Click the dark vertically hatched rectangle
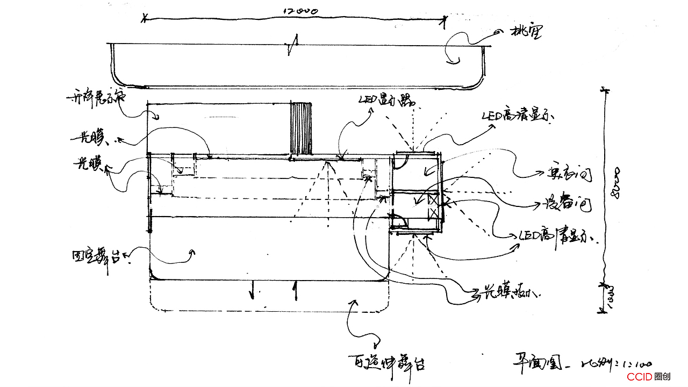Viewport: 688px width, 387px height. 301,128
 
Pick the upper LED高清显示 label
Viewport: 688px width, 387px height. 518,116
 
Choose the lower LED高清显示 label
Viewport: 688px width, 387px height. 559,236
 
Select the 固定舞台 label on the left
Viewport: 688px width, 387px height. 101,256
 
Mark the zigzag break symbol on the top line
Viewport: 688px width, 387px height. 292,47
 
